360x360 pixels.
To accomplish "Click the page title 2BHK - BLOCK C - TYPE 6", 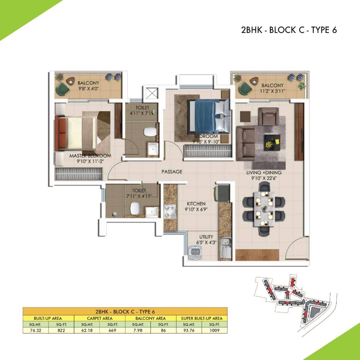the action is click(x=289, y=30).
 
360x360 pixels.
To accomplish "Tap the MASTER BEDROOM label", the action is click(x=90, y=156).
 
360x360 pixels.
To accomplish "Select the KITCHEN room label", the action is click(x=196, y=203).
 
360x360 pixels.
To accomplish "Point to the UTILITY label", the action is click(x=206, y=237).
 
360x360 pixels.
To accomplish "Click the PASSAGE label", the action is click(x=172, y=172).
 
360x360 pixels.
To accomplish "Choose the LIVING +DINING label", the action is click(x=264, y=172).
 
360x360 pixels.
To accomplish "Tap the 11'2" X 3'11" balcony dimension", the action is click(x=272, y=91).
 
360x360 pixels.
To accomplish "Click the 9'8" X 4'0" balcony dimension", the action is click(x=88, y=88).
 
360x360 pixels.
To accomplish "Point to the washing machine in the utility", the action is click(x=195, y=252).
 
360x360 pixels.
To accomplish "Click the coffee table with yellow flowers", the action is click(x=272, y=142).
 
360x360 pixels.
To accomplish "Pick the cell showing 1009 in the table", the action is click(x=214, y=330).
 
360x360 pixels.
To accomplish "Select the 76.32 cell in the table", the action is click(x=36, y=330).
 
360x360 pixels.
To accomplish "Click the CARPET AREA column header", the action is click(x=100, y=318).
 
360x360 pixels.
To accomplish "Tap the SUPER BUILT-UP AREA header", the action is click(x=202, y=318).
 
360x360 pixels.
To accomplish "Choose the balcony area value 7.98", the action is click(x=138, y=330).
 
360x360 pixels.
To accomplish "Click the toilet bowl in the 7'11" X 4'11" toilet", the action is click(x=135, y=208).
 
